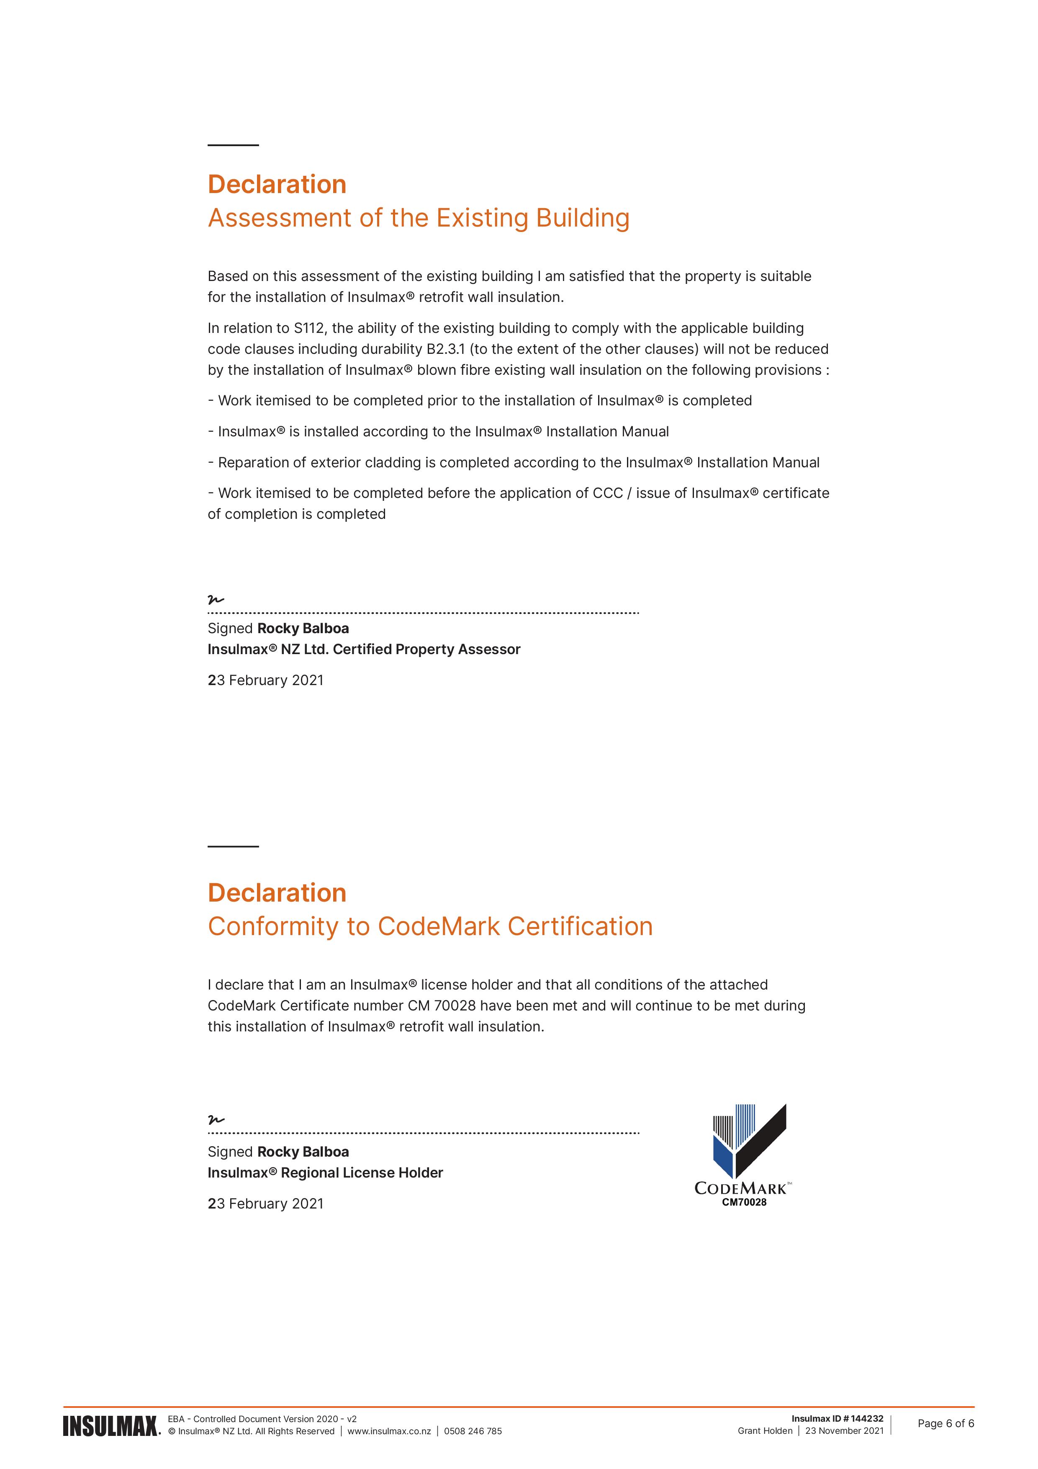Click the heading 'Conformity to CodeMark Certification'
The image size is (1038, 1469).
(430, 926)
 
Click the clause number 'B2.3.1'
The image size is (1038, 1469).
(446, 349)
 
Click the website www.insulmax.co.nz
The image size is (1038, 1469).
(389, 1431)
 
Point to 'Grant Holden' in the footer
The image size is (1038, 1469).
(765, 1430)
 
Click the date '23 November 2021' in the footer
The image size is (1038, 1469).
(844, 1430)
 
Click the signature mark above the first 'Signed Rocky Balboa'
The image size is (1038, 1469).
(216, 600)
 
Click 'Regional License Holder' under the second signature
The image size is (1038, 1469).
(362, 1173)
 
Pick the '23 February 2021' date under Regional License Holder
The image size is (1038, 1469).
(265, 1204)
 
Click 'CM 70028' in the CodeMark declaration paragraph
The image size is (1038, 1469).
(441, 1006)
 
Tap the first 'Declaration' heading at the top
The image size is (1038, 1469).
(277, 184)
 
